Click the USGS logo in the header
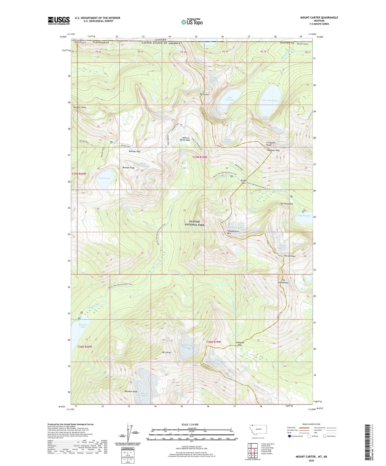(59, 21)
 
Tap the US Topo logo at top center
(192, 22)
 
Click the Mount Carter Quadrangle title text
(319, 17)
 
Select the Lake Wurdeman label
(270, 100)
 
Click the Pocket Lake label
(104, 178)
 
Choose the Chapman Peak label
(273, 150)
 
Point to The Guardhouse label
(283, 281)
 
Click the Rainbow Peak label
(131, 391)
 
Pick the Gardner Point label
(80, 107)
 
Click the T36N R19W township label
(213, 342)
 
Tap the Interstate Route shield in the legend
(289, 436)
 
